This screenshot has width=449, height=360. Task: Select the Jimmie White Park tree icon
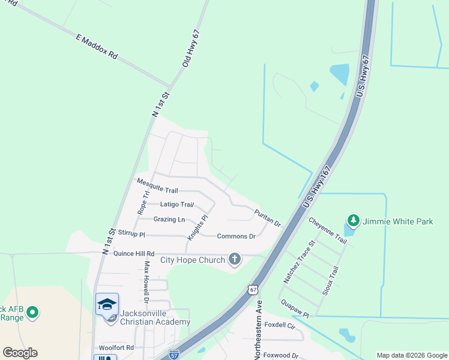coord(354,221)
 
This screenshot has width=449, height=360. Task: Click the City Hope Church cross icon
coord(235,260)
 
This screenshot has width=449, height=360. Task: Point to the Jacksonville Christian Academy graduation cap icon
coord(107,304)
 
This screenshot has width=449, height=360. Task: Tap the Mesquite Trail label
coord(157,185)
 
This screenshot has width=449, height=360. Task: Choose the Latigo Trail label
coord(176,205)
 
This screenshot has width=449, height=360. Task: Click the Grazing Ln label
coord(169,220)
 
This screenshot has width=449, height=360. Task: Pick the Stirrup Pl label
coord(131,233)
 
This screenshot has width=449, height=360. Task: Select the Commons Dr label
coord(236,236)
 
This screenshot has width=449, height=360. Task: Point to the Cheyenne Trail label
coord(328,230)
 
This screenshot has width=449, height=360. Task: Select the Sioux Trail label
coord(331,280)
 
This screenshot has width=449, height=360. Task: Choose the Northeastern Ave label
coord(258,331)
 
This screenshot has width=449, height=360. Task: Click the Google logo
coord(20,353)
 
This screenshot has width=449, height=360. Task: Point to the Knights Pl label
coord(197,228)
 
